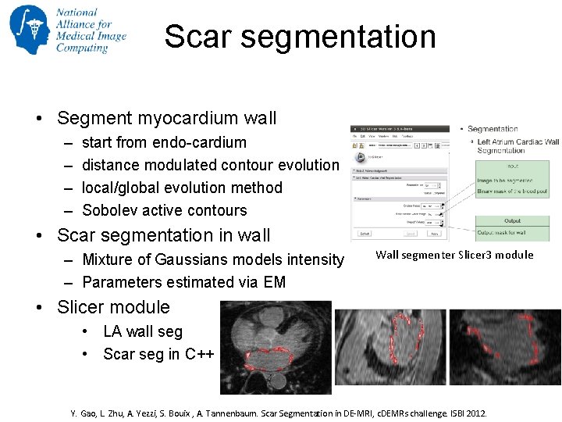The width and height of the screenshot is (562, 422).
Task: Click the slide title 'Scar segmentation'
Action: point(300,37)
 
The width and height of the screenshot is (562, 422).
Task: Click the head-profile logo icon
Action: point(29,30)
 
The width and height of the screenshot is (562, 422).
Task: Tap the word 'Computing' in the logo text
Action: point(82,48)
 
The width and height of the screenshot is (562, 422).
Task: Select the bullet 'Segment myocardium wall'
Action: point(166,119)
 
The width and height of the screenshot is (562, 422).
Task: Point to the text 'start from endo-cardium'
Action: point(164,142)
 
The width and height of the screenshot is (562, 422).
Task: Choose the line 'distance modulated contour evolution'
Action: point(210,165)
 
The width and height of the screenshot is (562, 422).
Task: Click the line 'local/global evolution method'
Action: point(182,188)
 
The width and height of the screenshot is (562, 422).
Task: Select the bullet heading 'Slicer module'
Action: point(113,307)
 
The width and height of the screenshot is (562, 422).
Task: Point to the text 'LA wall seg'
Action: point(143,331)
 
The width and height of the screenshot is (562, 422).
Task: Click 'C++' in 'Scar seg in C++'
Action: point(200,354)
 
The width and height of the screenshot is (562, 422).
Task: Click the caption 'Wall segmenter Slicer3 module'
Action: point(454,255)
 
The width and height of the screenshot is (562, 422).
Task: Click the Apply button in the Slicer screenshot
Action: point(435,233)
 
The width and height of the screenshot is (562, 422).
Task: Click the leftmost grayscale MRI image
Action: point(276,348)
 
